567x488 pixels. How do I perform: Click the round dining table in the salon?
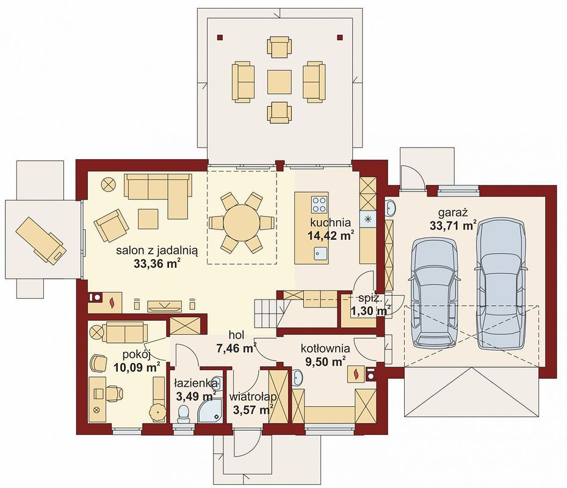coord(241,222)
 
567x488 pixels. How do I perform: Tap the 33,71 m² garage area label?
coord(453,226)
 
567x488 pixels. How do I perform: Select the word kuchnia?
coord(331,222)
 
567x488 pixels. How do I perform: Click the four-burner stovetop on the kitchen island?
coord(319,204)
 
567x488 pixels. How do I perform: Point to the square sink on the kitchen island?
coord(320,253)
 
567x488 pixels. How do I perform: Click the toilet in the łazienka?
coord(184,414)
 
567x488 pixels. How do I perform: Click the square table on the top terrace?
coord(279,82)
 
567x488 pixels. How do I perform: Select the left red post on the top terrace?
coord(220,37)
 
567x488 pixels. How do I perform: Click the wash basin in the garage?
coord(391,207)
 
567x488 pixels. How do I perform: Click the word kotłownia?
coord(325,348)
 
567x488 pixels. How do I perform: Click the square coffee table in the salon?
coord(148,219)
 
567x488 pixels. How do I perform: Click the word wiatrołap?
coord(253,397)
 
